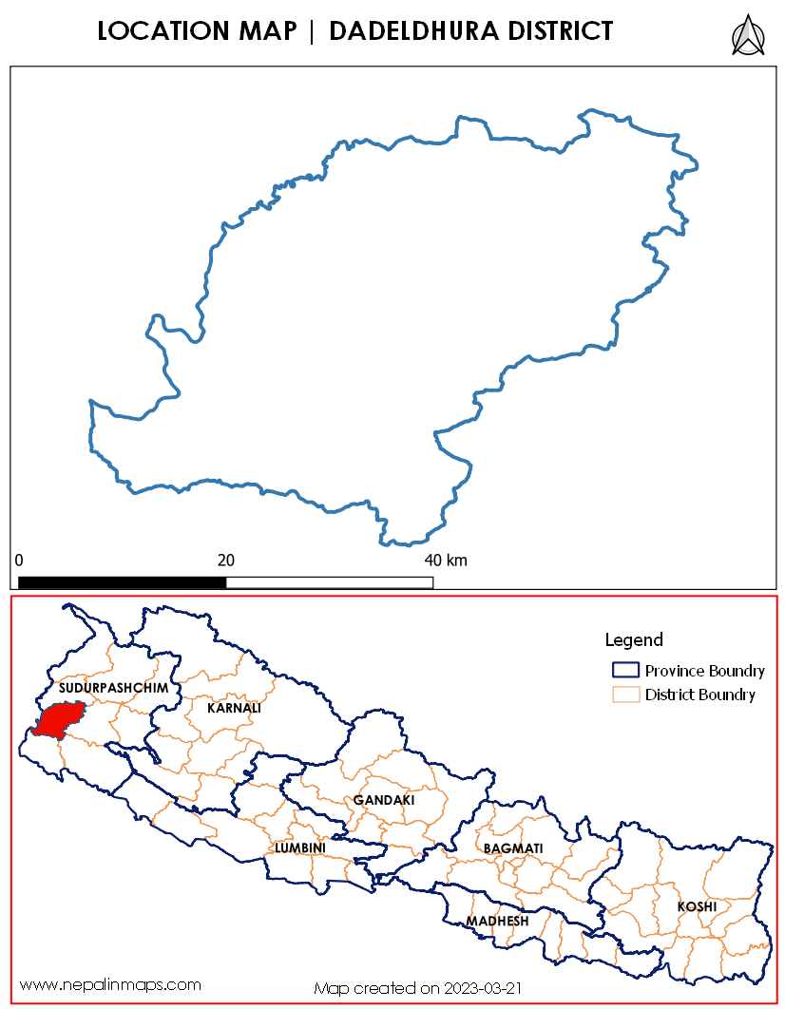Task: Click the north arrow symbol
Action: point(748,36)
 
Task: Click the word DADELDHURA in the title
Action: point(410,31)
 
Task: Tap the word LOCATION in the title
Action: point(161,31)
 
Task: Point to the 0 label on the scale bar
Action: point(19,560)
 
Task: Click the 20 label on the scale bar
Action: point(226,560)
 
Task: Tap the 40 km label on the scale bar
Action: point(445,560)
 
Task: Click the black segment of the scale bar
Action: point(122,582)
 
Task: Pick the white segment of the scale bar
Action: point(329,582)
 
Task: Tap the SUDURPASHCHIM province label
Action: point(113,687)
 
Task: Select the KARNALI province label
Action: point(234,708)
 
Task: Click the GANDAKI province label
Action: point(384,800)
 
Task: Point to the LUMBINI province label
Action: point(300,847)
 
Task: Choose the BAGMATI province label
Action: point(512,847)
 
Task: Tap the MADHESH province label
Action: point(497,921)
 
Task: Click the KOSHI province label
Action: point(697,906)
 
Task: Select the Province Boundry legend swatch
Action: point(625,671)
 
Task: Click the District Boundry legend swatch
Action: point(625,695)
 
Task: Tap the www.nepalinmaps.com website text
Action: point(110,984)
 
